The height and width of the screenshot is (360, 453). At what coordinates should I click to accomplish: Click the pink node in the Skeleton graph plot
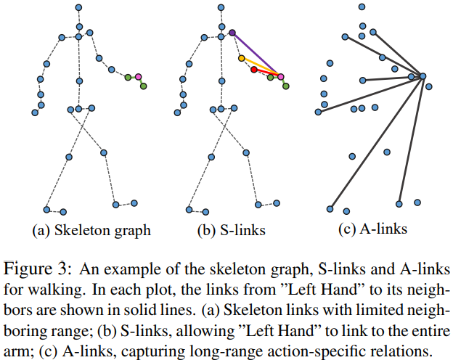pos(138,76)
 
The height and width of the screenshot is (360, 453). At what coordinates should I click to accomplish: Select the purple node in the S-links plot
pos(232,33)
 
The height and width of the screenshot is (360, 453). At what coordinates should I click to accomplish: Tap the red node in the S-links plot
pos(253,70)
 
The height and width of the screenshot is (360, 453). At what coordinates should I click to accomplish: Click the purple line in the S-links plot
pos(256,54)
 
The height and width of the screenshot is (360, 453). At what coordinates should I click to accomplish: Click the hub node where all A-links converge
pos(423,76)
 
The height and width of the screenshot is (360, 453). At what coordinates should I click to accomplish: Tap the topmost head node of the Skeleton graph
pos(78,7)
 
